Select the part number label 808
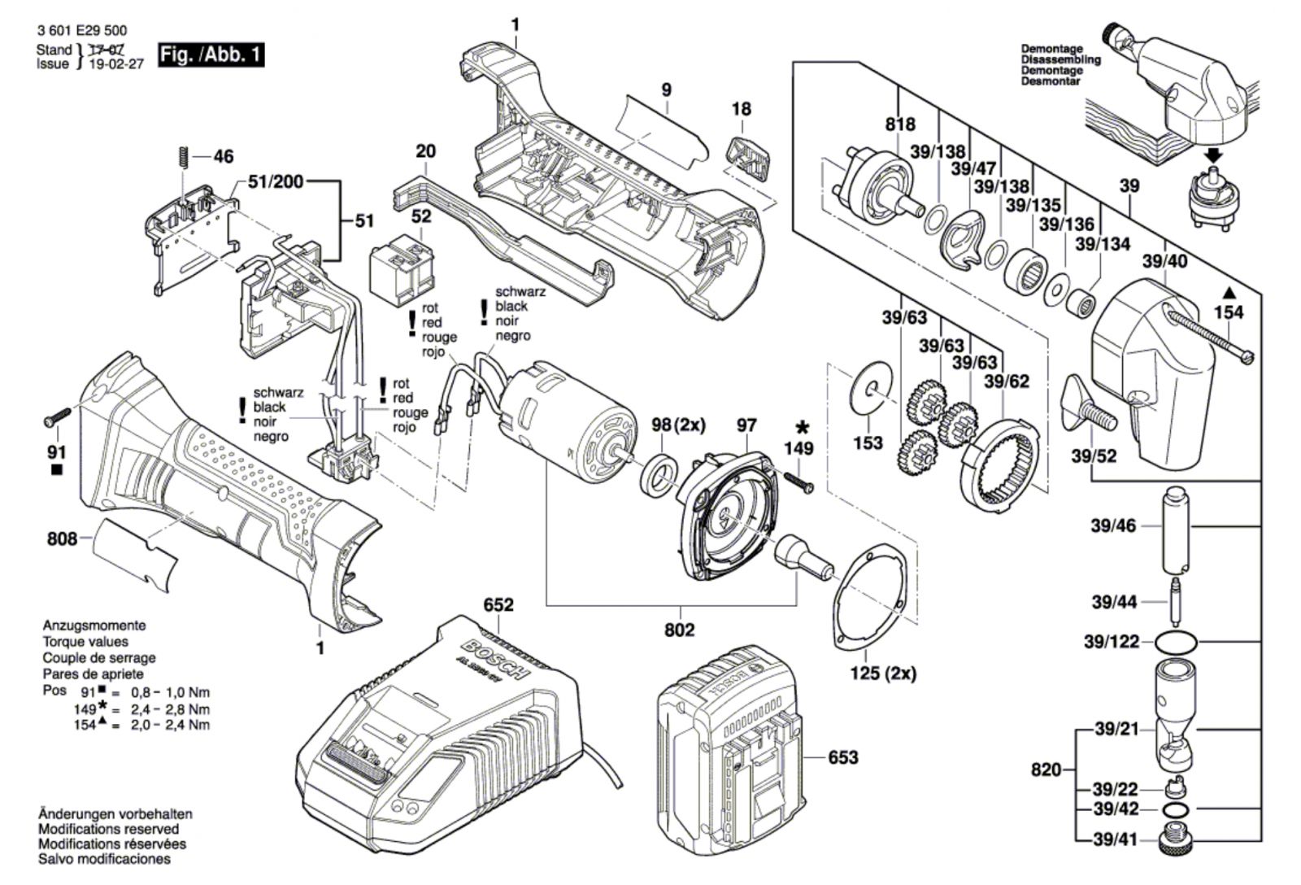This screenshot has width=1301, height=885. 62,538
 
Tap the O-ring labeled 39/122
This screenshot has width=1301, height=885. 1176,642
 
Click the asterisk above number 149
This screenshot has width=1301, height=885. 803,427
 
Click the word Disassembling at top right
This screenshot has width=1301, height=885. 1060,59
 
